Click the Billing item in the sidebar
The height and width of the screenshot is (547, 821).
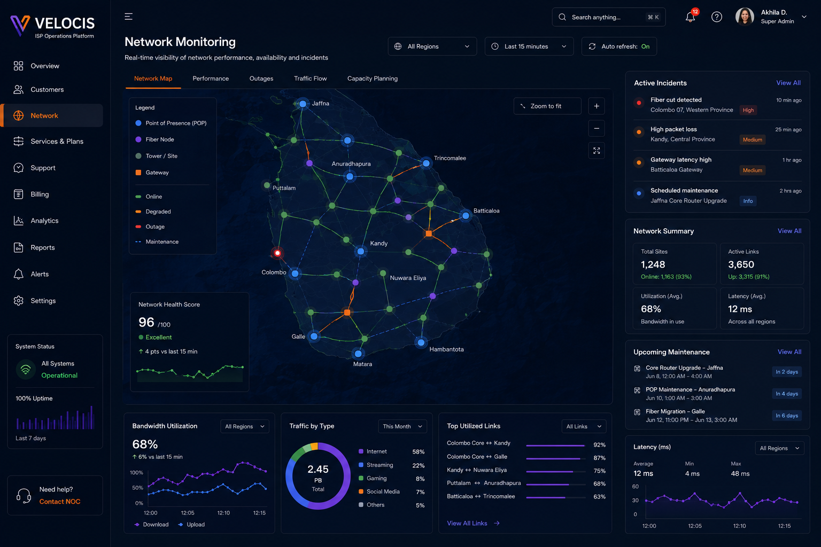[x=40, y=194]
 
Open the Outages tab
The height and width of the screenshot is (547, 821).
[x=261, y=79]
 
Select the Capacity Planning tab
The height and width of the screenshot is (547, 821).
[x=373, y=79]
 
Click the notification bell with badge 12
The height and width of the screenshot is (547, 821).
[x=691, y=17]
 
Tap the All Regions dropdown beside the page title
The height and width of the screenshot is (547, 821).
[x=432, y=46]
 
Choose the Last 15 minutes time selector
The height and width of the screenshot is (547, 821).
[x=529, y=46]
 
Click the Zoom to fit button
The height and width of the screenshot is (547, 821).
[x=547, y=106]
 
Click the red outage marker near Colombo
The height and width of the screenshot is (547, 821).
[x=277, y=253]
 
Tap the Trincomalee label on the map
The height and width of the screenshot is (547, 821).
[x=450, y=158]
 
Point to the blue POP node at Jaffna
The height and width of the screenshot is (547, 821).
[x=303, y=104]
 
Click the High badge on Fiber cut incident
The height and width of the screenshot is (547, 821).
[x=748, y=110]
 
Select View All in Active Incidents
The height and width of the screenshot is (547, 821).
[x=788, y=83]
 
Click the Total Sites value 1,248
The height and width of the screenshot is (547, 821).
[x=653, y=264]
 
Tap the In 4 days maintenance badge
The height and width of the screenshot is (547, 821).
[x=787, y=394]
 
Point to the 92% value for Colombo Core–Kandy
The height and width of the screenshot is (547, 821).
[x=599, y=445]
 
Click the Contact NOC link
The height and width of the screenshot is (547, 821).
[x=60, y=502]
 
